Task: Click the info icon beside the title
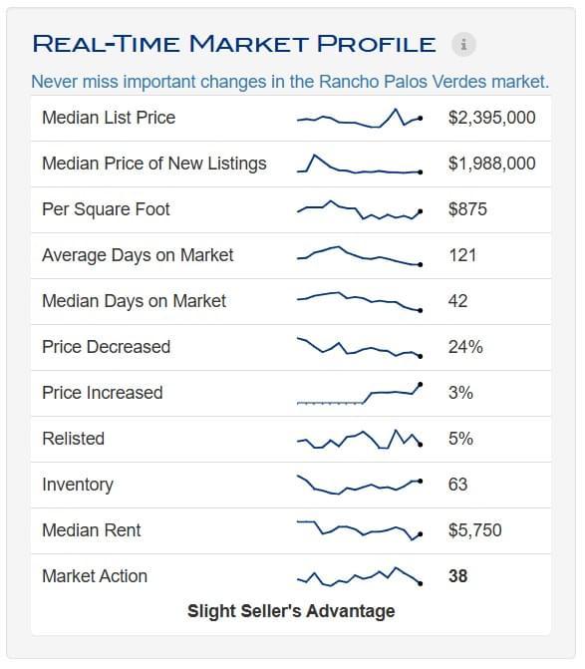463,44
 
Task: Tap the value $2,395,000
491,118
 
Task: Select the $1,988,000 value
491,164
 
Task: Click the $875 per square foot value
467,209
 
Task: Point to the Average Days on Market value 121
462,255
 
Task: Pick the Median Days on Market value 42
458,301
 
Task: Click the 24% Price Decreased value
465,347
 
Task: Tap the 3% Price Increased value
460,393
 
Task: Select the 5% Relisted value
460,439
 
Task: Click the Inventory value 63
458,485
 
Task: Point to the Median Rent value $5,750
475,530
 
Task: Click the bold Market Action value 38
458,576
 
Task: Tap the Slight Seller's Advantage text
291,611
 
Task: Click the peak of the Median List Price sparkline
396,110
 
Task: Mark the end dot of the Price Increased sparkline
421,385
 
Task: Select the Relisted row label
74,439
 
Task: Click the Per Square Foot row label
106,209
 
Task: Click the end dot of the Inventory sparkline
421,482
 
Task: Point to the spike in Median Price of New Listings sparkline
314,156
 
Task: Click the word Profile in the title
377,44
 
